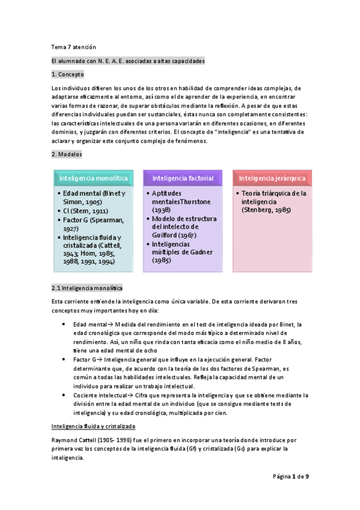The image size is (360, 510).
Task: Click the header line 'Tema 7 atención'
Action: coord(73,47)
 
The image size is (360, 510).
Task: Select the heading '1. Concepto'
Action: coord(68,74)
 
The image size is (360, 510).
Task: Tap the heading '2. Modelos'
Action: coord(67,155)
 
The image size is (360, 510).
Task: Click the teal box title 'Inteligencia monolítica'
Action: coord(93,178)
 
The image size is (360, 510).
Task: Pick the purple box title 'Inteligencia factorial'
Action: coord(182,178)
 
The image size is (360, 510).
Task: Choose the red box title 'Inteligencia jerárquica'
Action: coord(272,178)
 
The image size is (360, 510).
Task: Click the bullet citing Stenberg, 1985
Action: coord(274,201)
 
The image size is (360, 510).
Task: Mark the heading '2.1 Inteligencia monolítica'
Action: coord(87,288)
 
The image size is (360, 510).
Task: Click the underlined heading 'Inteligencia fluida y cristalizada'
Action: coord(93,426)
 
